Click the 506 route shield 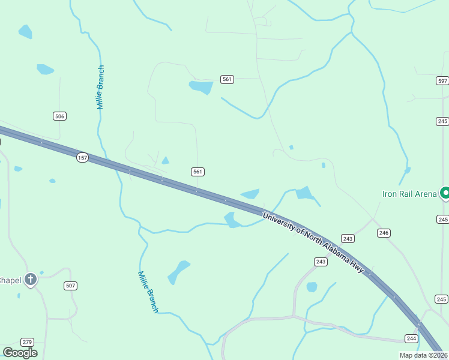(x=59, y=116)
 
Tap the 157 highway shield (x=82, y=157)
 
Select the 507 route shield (x=71, y=286)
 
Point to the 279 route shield (x=27, y=341)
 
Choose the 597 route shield (x=442, y=80)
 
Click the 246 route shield (x=384, y=233)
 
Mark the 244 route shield (x=411, y=338)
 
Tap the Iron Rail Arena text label (x=409, y=194)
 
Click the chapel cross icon (x=31, y=280)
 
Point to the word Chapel (x=10, y=280)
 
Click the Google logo (x=20, y=352)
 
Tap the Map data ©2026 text (x=423, y=355)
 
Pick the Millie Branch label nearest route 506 (x=101, y=87)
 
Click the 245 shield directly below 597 (x=442, y=121)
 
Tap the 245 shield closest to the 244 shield (x=441, y=299)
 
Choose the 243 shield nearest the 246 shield (x=348, y=238)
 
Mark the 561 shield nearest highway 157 (x=198, y=172)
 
